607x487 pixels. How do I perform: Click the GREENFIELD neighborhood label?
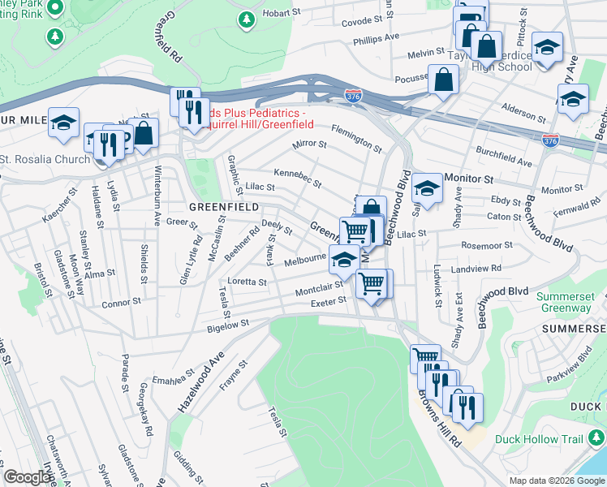point(224,207)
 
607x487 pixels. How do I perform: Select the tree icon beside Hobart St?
point(246,18)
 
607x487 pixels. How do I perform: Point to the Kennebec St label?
point(297,174)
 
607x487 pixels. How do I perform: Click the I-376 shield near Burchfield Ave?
point(550,140)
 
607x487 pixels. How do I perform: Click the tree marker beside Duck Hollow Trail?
point(596,438)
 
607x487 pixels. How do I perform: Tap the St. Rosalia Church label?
point(45,159)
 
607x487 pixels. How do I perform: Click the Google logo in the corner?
point(27,477)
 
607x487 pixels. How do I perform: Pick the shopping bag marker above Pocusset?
point(445,80)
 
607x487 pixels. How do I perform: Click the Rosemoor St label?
point(486,244)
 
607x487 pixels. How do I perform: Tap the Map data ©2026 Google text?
point(556,480)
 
